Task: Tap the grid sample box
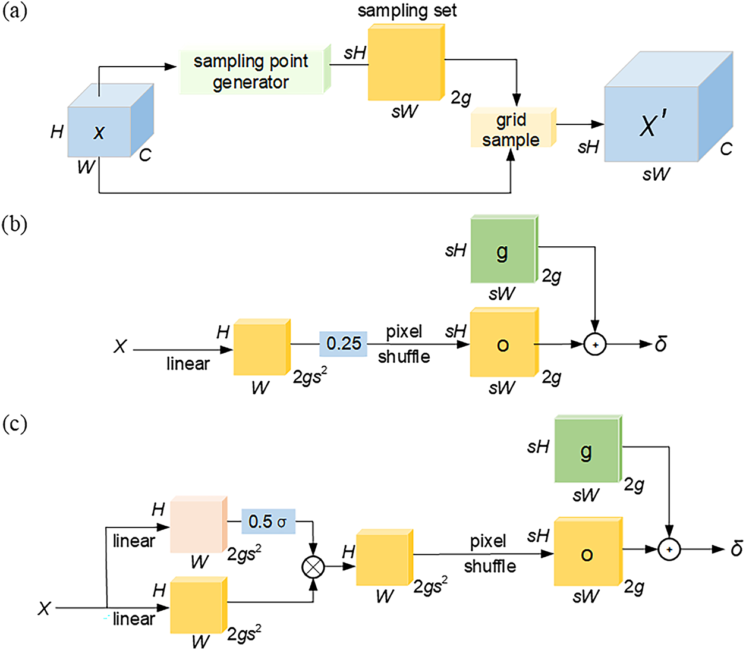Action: click(514, 127)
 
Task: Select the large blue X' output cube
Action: click(668, 106)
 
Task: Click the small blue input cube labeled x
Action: click(111, 120)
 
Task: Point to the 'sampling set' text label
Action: click(407, 11)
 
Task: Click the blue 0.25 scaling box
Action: click(343, 344)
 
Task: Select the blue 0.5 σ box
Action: click(268, 521)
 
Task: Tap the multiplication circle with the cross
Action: click(313, 567)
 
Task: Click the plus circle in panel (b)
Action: click(595, 344)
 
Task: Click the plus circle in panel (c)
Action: click(669, 549)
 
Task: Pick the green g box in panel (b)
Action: click(505, 249)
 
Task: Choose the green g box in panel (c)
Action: click(588, 449)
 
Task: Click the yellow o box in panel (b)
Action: click(505, 342)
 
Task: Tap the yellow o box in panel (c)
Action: click(588, 551)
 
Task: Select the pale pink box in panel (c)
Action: click(199, 524)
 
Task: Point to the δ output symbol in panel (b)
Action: click(660, 344)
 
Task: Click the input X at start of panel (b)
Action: click(120, 346)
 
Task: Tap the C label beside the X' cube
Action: click(726, 149)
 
